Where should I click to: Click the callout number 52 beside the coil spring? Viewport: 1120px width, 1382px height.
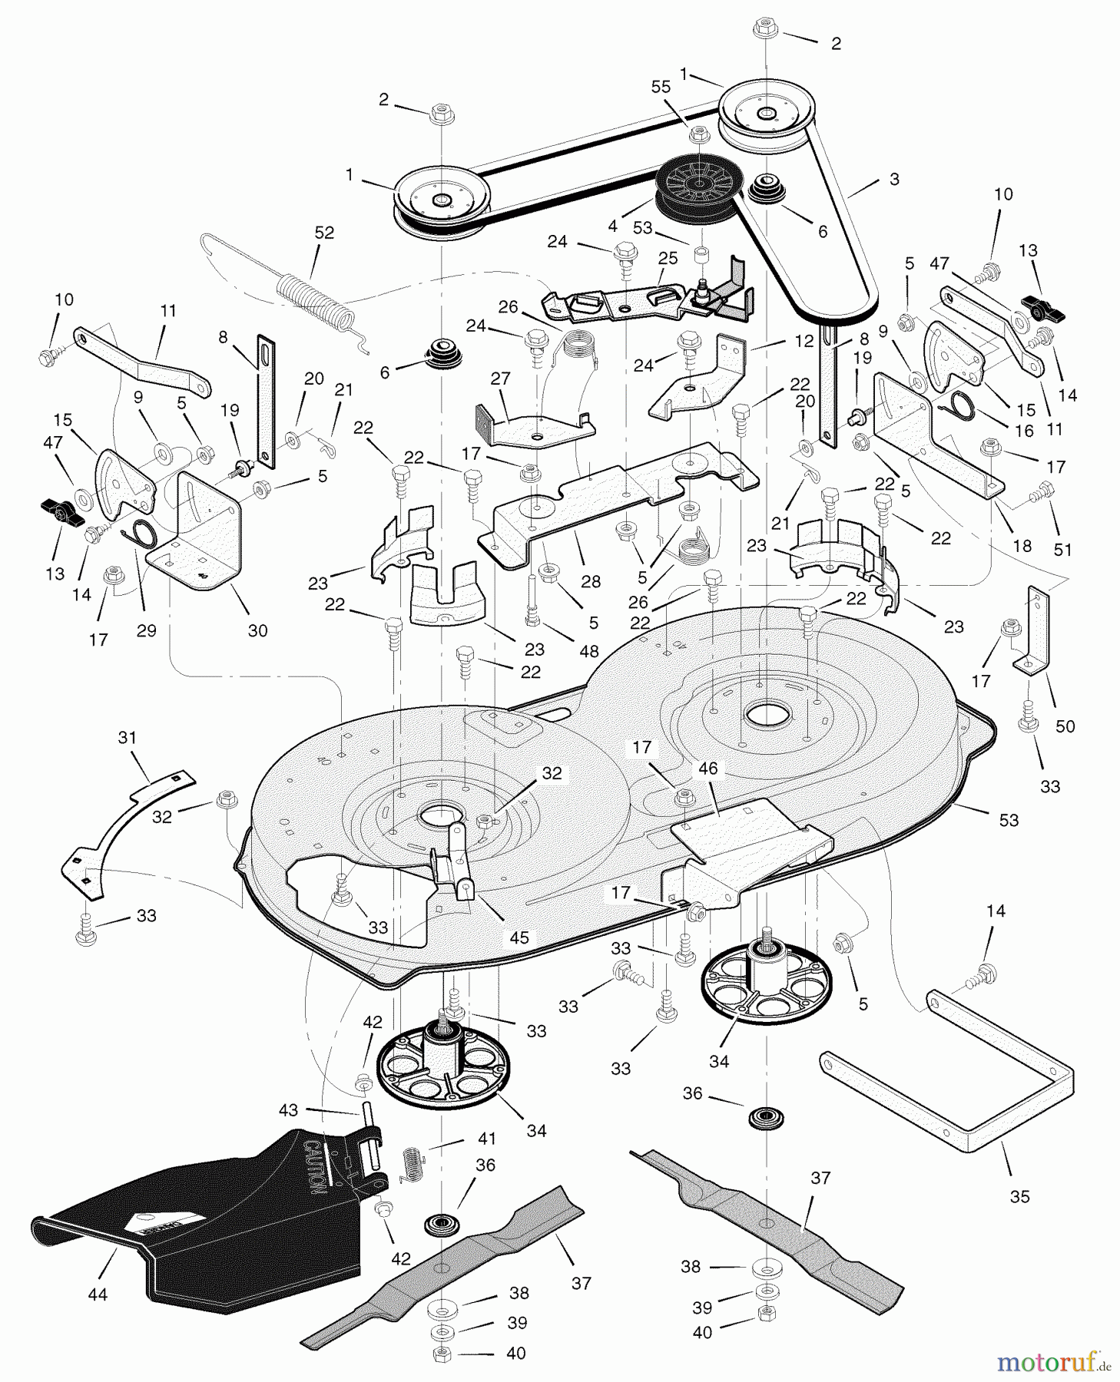(324, 233)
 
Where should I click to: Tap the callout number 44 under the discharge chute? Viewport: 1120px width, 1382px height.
(98, 1294)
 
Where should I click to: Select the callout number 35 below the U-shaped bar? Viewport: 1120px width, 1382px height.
(1019, 1196)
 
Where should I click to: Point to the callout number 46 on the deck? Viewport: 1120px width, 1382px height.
(707, 769)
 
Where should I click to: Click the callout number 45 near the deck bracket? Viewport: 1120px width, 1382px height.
(519, 937)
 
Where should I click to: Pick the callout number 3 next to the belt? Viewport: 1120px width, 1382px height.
(893, 179)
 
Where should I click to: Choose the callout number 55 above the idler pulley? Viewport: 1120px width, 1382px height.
(661, 88)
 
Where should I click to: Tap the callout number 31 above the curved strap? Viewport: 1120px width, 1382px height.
(128, 738)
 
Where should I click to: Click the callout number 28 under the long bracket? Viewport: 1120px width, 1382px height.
(591, 582)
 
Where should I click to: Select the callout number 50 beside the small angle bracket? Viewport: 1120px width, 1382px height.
(1065, 726)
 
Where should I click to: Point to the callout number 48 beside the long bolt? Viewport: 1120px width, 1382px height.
(589, 651)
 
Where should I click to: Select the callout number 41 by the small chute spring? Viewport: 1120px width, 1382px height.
(487, 1139)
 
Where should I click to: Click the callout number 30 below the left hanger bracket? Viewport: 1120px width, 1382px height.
(257, 630)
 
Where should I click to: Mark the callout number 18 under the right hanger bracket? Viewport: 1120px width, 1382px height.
(1022, 546)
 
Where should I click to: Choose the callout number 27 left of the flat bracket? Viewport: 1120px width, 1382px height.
(500, 378)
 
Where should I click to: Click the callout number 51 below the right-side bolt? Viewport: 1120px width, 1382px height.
(1062, 550)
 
